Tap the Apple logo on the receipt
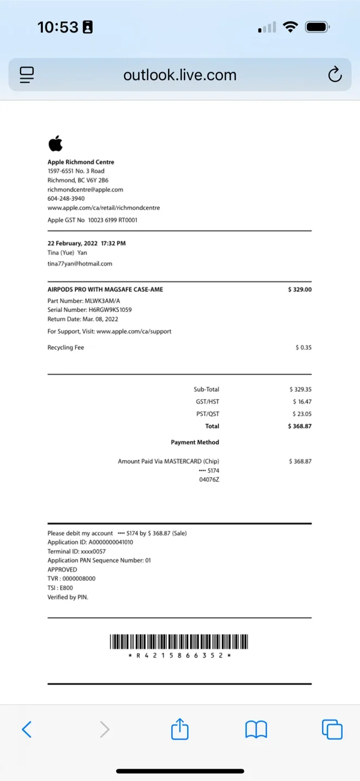click(55, 144)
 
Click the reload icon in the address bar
click(335, 74)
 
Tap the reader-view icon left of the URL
click(27, 74)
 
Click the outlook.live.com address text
click(179, 74)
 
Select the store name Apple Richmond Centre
click(81, 162)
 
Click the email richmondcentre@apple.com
click(85, 190)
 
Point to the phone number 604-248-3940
click(66, 199)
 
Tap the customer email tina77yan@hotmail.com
click(80, 264)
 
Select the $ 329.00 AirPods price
click(300, 290)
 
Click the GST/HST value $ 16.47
click(302, 402)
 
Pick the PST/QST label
click(208, 414)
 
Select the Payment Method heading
click(195, 443)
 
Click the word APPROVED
click(62, 569)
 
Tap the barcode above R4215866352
click(179, 642)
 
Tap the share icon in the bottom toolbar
click(179, 729)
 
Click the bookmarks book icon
click(256, 729)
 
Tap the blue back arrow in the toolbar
click(27, 729)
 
